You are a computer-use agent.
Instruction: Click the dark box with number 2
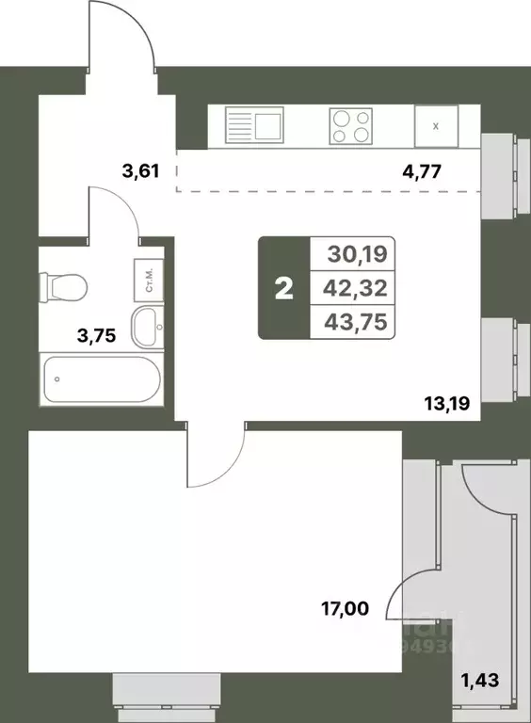click(x=283, y=287)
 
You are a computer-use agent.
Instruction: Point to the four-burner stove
click(x=350, y=125)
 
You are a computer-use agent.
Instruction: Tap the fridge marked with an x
click(x=436, y=125)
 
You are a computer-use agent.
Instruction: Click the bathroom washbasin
click(x=146, y=326)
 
